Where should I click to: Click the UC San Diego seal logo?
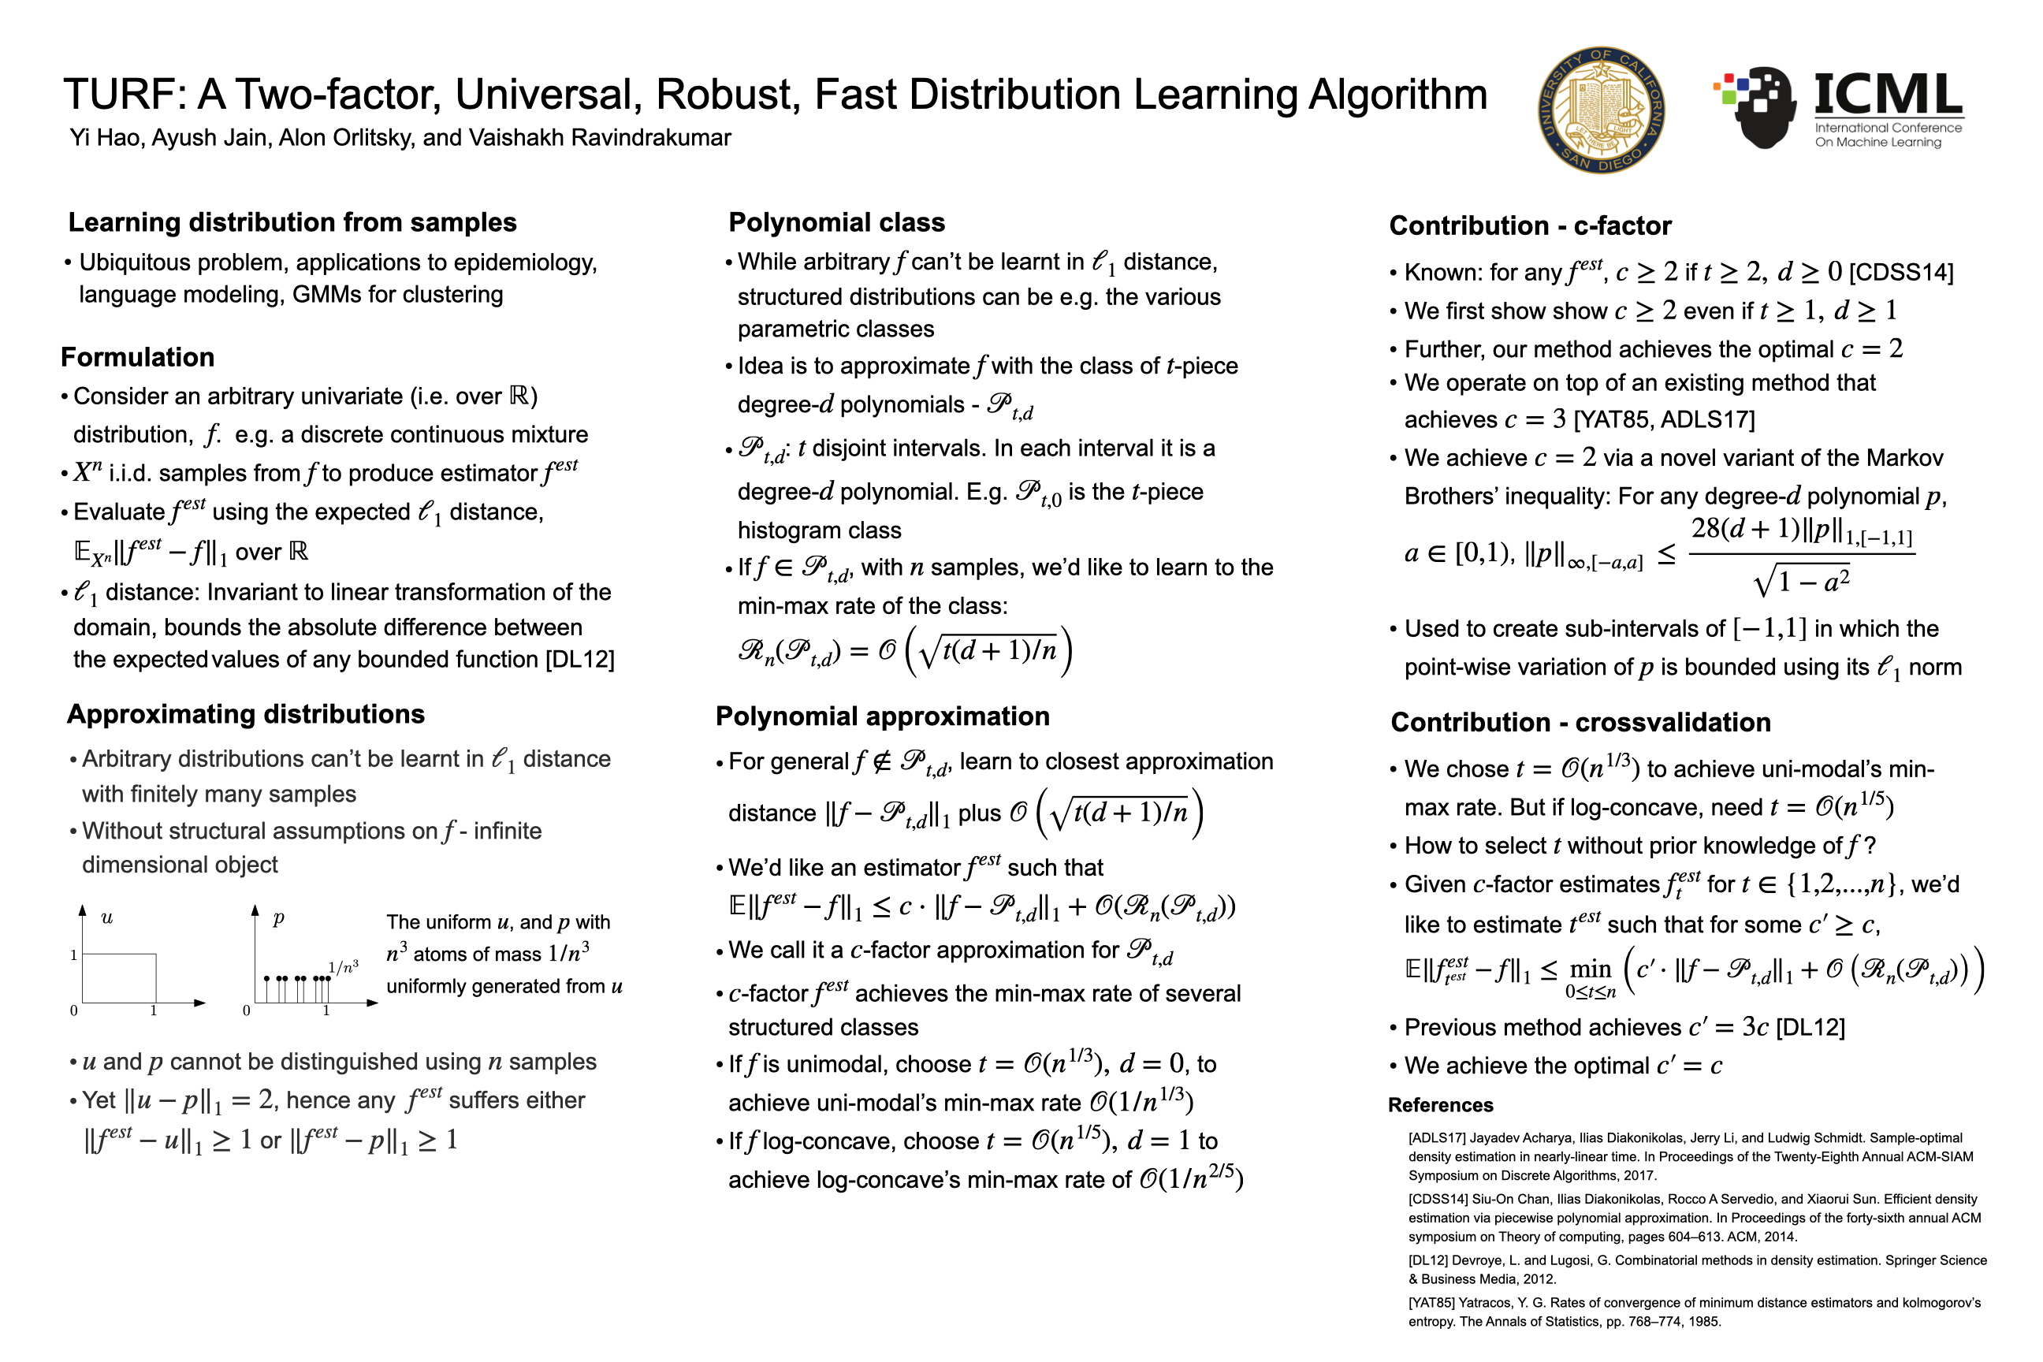pyautogui.click(x=1600, y=110)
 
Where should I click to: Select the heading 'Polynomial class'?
pyautogui.click(x=835, y=222)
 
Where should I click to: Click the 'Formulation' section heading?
pyautogui.click(x=137, y=357)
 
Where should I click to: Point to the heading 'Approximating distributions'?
pyautogui.click(x=246, y=714)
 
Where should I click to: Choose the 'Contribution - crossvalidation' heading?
pyautogui.click(x=1580, y=722)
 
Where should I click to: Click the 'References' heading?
pyautogui.click(x=1440, y=1105)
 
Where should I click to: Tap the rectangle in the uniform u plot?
pyautogui.click(x=119, y=978)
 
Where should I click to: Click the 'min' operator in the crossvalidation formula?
pyautogui.click(x=1591, y=969)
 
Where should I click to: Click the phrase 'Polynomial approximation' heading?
pyautogui.click(x=882, y=716)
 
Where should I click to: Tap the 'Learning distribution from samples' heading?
pyautogui.click(x=292, y=222)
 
